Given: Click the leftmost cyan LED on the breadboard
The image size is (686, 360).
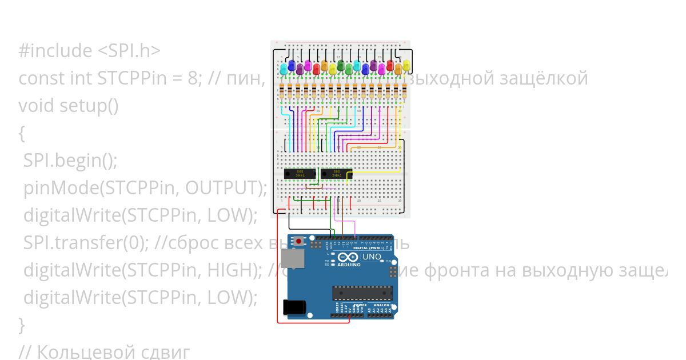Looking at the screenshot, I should pyautogui.click(x=283, y=69).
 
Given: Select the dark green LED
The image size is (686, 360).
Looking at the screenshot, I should pyautogui.click(x=341, y=65).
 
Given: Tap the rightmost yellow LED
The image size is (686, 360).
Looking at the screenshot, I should pyautogui.click(x=406, y=65).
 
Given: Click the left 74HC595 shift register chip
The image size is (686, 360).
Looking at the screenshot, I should pyautogui.click(x=300, y=173).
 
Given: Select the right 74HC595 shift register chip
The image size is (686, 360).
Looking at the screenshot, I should pyautogui.click(x=336, y=173).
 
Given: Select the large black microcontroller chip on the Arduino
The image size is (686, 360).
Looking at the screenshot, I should pyautogui.click(x=362, y=293).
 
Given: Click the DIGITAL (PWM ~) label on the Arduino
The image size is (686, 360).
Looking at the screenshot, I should pyautogui.click(x=369, y=248).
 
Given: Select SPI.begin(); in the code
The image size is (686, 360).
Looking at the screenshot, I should pyautogui.click(x=70, y=161).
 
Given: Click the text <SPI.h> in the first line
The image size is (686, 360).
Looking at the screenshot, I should pyautogui.click(x=129, y=51).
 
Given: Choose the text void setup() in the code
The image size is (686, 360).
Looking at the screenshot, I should pyautogui.click(x=69, y=106).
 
